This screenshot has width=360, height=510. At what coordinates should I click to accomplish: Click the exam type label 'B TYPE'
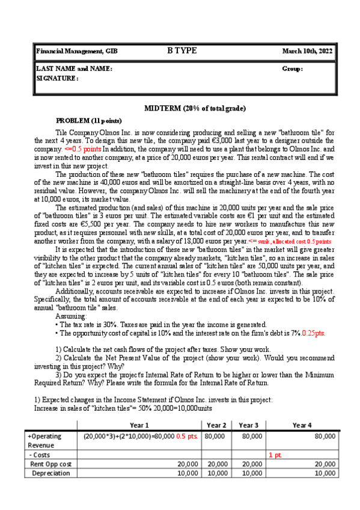tap(182, 51)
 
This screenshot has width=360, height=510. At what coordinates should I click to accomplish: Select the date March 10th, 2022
tap(307, 52)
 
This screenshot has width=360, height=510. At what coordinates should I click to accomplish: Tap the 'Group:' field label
tap(292, 69)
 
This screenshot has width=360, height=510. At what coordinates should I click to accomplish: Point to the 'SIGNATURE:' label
tap(58, 78)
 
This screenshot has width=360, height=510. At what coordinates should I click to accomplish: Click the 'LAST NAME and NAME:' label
tap(74, 69)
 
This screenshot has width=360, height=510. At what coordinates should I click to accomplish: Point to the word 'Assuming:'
tap(71, 316)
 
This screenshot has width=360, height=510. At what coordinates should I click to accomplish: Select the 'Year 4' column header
tap(301, 425)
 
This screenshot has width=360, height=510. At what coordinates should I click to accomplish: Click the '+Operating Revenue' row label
tap(45, 440)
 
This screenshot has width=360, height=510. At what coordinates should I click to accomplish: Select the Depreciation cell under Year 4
tap(325, 473)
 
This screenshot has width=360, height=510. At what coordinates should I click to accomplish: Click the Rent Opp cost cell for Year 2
tap(217, 464)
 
